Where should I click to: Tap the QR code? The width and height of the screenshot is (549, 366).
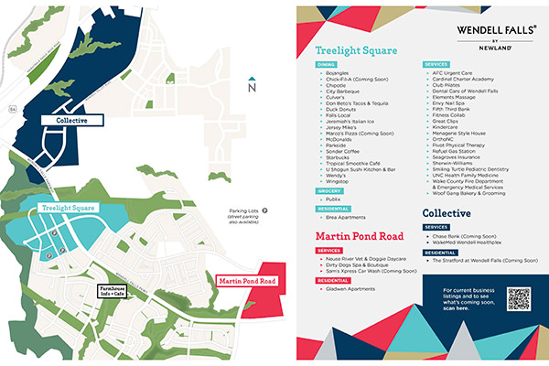click(x=519, y=299)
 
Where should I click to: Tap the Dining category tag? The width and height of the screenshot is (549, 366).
click(x=328, y=65)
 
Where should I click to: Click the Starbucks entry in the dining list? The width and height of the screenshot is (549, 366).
click(x=339, y=156)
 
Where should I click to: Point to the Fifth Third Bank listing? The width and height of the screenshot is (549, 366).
click(x=453, y=108)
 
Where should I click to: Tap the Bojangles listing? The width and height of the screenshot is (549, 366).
click(x=340, y=72)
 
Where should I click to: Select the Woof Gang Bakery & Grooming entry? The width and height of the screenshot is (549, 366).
click(x=469, y=192)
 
